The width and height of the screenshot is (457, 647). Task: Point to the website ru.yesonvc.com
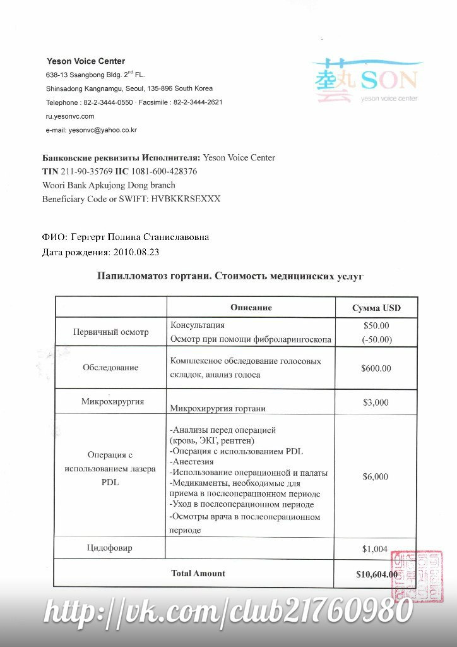[70, 116]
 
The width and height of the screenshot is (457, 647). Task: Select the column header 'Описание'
[251, 308]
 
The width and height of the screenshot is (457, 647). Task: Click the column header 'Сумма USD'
[376, 308]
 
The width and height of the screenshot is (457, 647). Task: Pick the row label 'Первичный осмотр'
[110, 332]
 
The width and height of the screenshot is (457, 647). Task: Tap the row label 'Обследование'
[110, 368]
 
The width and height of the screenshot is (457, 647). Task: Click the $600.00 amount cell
[377, 368]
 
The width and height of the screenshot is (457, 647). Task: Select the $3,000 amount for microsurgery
[376, 402]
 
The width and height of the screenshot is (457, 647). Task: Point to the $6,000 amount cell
[376, 477]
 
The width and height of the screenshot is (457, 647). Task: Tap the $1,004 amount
[375, 549]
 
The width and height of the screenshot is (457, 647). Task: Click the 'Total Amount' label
[198, 574]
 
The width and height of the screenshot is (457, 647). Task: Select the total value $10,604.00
[377, 574]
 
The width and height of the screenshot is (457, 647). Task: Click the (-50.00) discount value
[377, 339]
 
